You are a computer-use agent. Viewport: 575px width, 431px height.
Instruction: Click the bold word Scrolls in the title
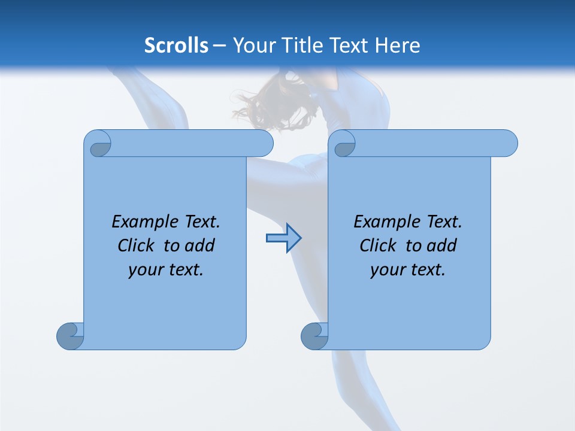point(176,45)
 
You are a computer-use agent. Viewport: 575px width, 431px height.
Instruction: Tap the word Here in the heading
point(397,45)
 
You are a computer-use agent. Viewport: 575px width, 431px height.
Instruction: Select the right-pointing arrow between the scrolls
point(283,238)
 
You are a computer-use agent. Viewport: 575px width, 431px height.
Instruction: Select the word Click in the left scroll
point(137,245)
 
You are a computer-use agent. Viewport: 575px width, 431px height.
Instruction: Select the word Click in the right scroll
point(378,245)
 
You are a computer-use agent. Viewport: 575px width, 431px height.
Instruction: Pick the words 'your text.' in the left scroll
point(166,269)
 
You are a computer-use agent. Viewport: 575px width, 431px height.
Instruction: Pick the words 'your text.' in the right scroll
point(408,269)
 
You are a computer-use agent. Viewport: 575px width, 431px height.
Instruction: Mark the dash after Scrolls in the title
point(220,45)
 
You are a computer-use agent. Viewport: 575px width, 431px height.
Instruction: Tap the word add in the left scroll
point(199,245)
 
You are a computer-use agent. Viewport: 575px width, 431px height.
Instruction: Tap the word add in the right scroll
point(441,245)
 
